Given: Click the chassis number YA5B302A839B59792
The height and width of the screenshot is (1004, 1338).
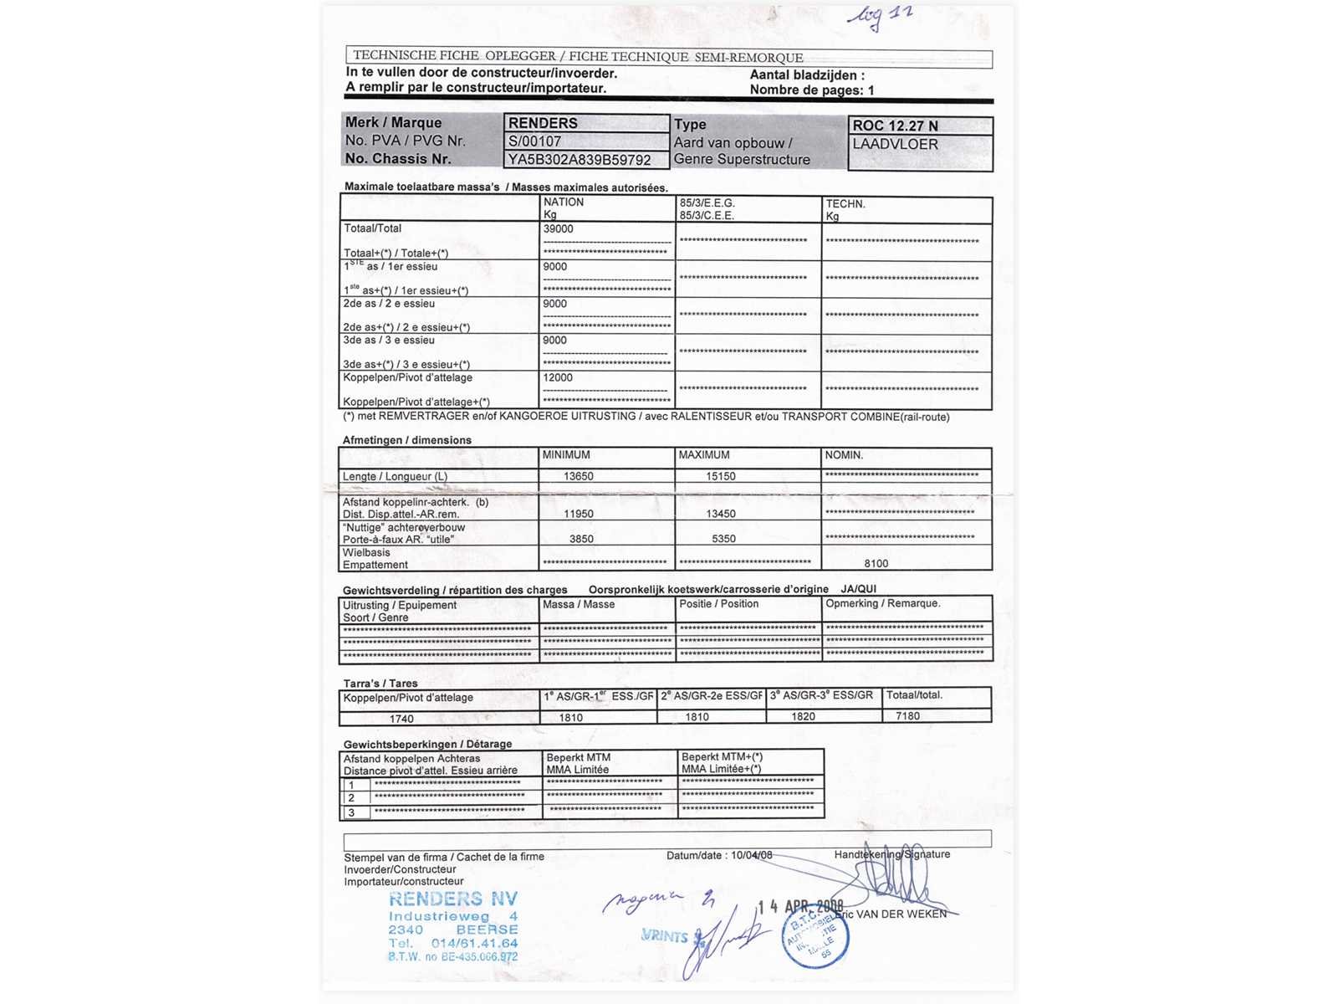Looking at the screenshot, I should tap(579, 160).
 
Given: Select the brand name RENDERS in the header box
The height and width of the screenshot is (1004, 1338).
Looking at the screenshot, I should tap(543, 123).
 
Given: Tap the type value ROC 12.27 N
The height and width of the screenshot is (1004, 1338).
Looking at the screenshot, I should tap(895, 125).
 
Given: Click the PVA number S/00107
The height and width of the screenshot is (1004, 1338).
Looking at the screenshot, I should tap(534, 141).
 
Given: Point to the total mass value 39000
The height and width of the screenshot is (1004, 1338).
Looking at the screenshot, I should tap(559, 229).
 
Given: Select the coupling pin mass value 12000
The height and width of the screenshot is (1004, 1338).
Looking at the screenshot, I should tap(558, 378).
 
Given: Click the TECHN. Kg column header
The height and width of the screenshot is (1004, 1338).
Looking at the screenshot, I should tap(845, 209).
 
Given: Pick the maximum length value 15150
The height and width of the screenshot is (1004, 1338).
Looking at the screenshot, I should tap(720, 476).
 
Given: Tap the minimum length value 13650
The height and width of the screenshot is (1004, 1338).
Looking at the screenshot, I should tap(578, 476).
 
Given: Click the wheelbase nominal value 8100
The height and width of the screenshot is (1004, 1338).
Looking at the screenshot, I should tap(876, 564).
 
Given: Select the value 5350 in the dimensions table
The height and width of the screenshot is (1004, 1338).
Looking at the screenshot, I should tap(723, 539).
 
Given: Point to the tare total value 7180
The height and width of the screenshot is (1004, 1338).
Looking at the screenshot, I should tap(907, 716).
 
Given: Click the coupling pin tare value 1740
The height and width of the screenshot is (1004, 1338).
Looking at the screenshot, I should tap(401, 719).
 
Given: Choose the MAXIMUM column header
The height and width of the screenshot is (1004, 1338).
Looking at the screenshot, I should tap(703, 455).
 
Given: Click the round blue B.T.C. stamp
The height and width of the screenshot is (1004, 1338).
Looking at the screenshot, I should tap(815, 938).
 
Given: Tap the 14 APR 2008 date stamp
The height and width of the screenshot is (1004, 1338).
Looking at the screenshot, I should tap(800, 907).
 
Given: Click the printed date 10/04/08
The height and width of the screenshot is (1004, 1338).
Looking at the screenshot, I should tap(751, 855).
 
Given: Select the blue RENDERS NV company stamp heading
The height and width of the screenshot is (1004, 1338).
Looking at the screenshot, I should tap(452, 899).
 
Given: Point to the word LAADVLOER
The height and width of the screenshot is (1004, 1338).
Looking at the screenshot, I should tap(895, 144).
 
